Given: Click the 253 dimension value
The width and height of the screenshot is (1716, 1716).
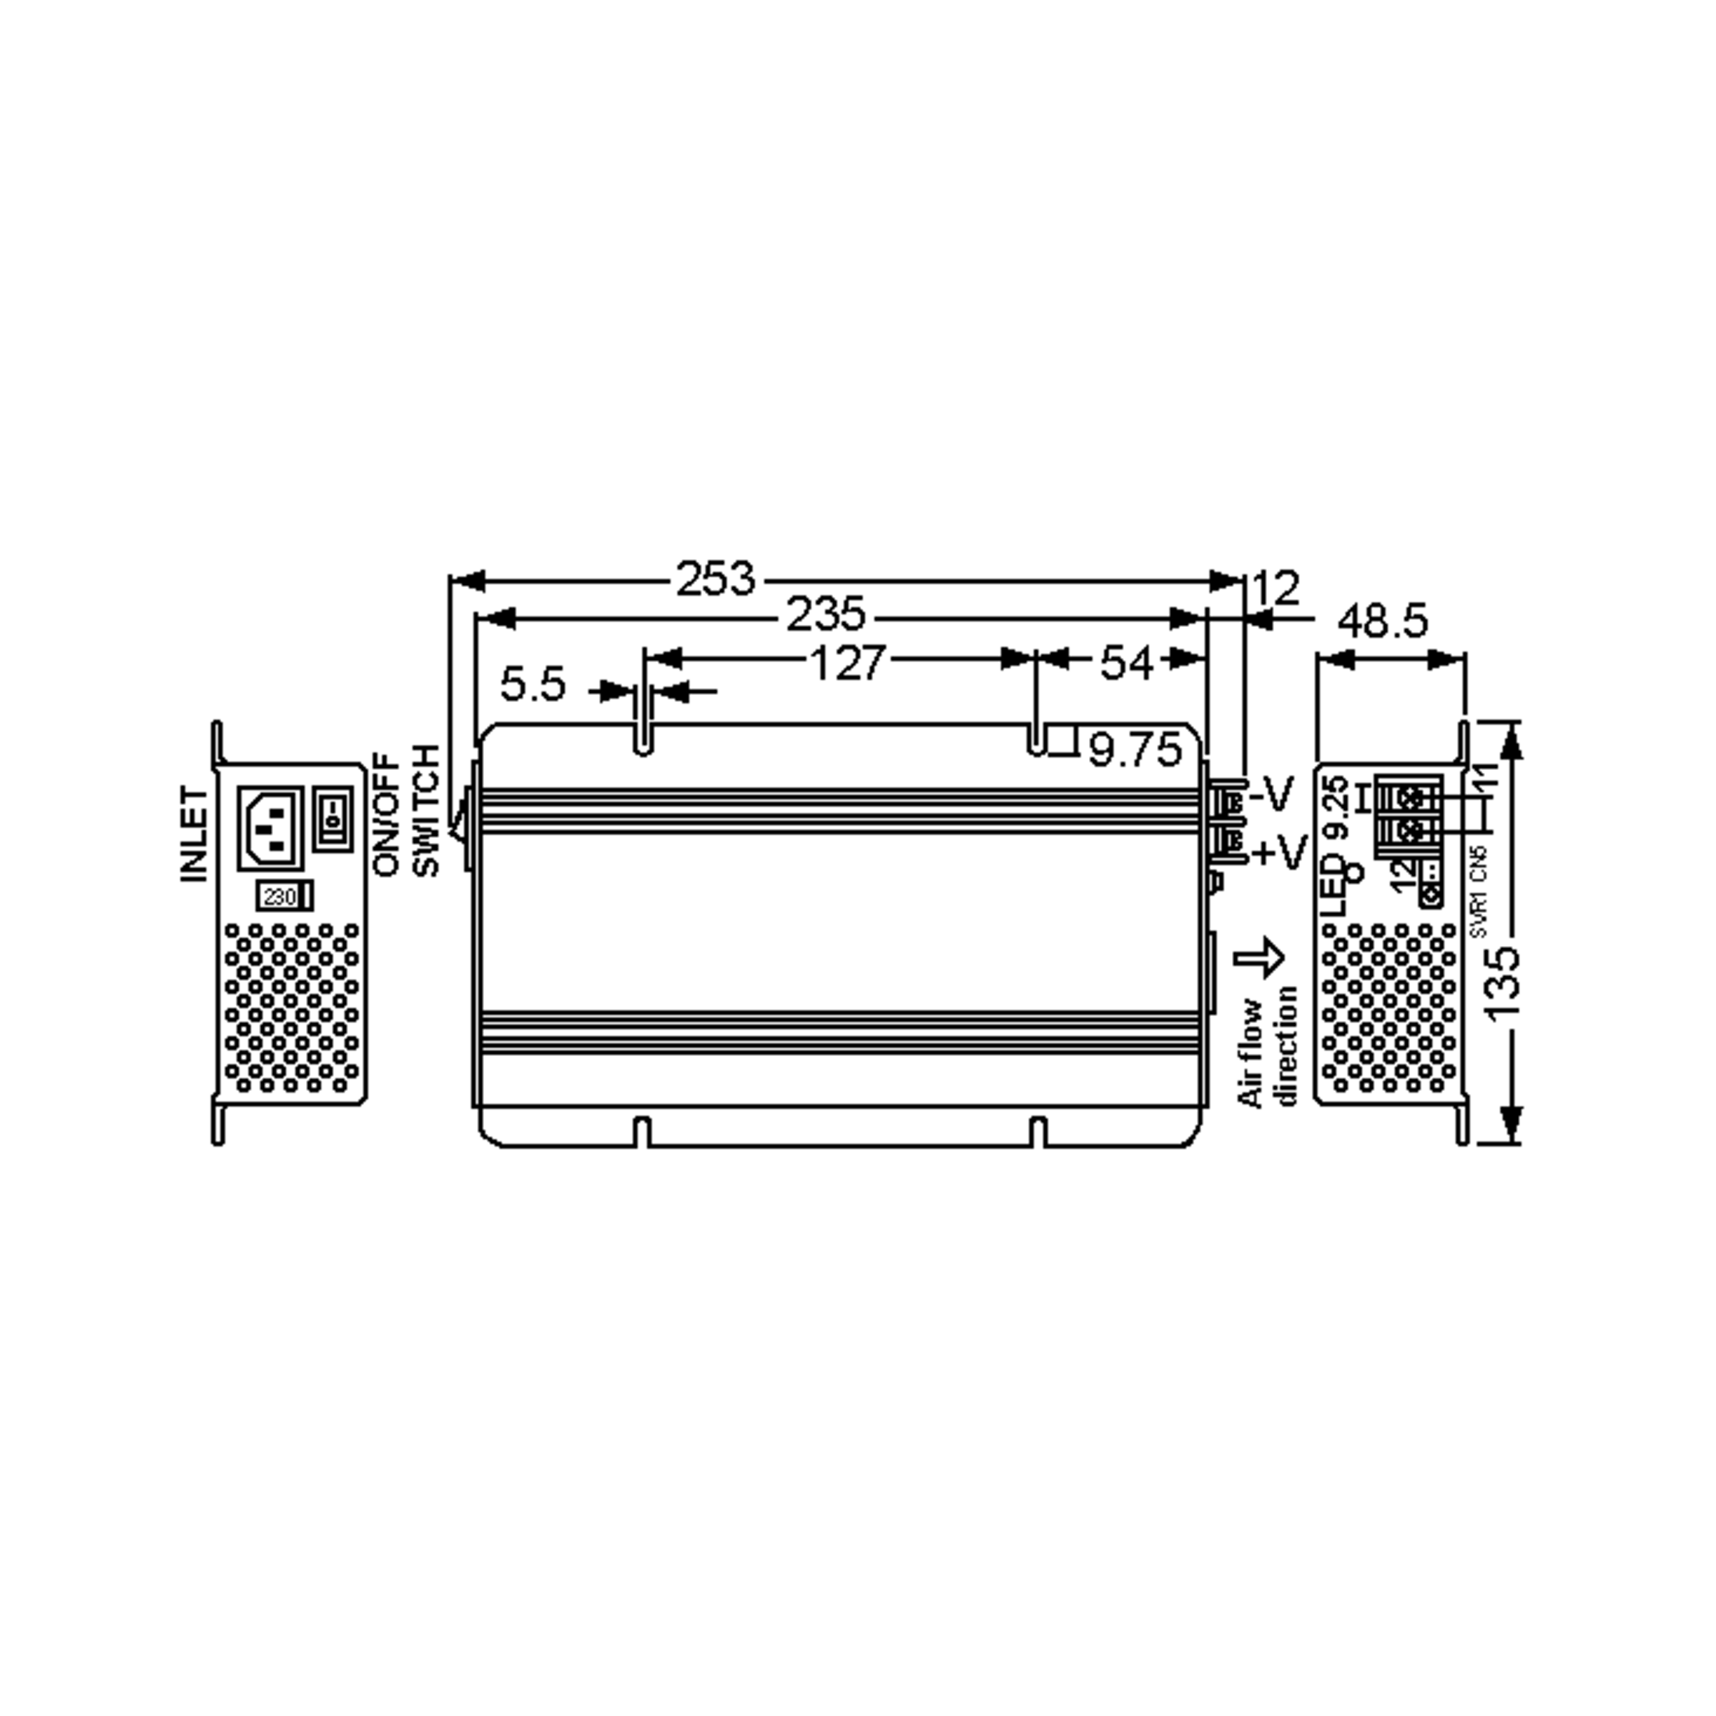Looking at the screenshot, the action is (716, 579).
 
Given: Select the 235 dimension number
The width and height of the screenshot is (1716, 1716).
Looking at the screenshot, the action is (826, 615).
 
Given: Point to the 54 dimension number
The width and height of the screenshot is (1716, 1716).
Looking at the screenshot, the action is (1126, 663).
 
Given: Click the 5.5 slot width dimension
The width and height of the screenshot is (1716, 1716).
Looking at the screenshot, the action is (533, 685).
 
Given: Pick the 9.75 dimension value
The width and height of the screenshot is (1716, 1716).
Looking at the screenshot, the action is (1136, 751).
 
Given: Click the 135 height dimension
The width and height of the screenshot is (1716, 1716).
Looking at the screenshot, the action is (1503, 984).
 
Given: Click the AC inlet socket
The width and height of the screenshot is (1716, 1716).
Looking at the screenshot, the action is (271, 829).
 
